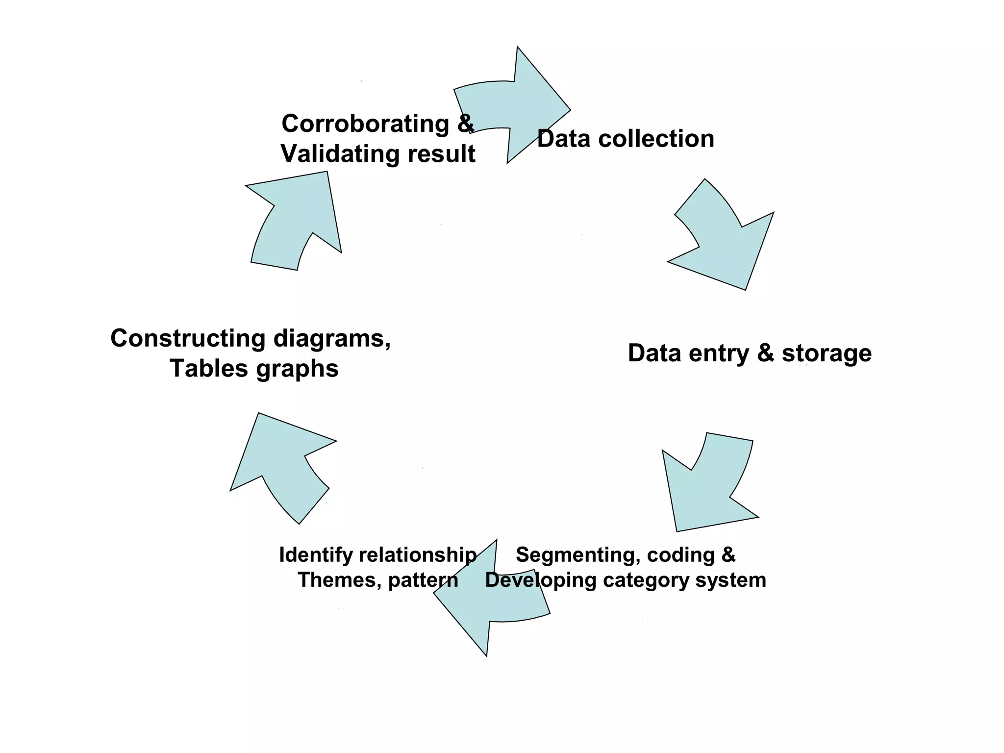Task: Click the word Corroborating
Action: coord(365,124)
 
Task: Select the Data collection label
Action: coord(626,139)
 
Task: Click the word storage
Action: coord(827,353)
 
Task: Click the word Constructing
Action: coord(188,338)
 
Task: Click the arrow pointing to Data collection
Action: coord(520,105)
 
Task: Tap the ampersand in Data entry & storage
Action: coord(765,353)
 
